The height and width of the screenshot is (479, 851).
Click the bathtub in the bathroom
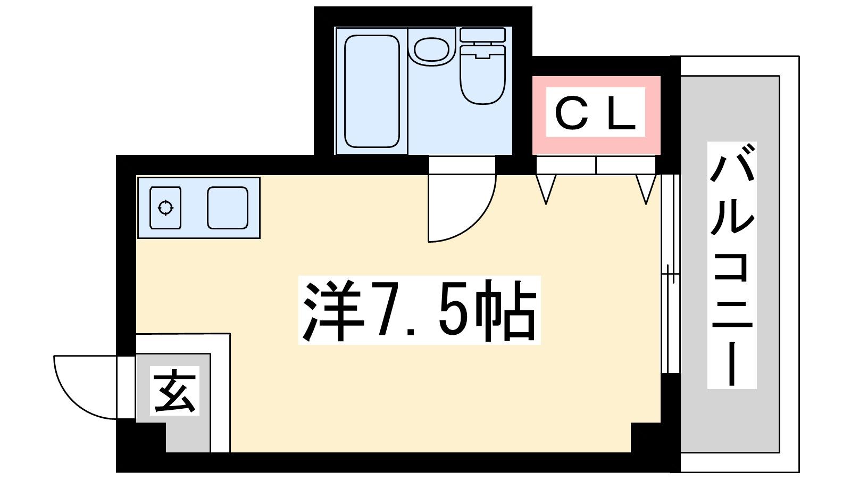tap(372, 91)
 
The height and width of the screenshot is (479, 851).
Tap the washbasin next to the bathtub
tap(431, 50)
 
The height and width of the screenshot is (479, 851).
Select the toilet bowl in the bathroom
tap(482, 75)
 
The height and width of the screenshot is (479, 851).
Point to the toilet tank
tap(482, 35)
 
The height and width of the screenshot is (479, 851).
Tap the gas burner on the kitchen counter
tap(165, 208)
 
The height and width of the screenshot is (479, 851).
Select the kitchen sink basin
tap(228, 208)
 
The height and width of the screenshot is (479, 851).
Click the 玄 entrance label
tap(175, 391)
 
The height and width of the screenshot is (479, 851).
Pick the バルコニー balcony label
tap(732, 265)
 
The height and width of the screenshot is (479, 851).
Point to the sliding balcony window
tap(670, 274)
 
